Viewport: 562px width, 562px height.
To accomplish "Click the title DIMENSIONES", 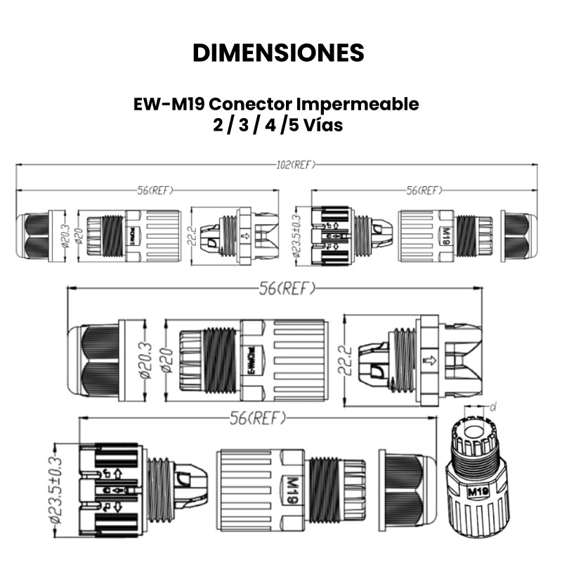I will [278, 53].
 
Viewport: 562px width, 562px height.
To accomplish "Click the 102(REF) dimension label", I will [296, 164].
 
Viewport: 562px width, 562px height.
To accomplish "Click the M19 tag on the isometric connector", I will [478, 492].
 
